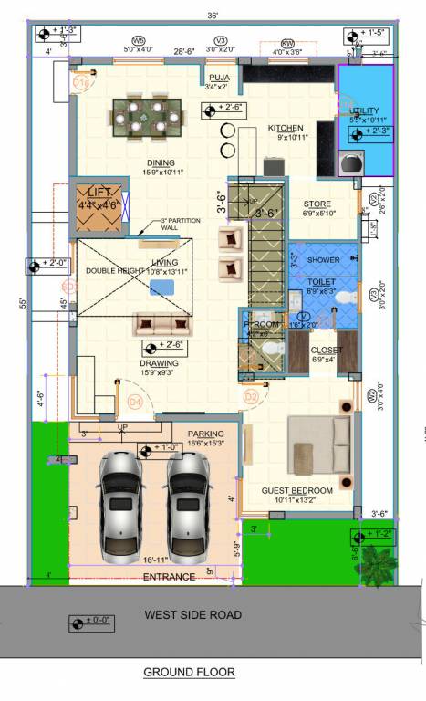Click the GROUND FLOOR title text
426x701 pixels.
189,672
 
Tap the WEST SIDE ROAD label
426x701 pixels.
192,615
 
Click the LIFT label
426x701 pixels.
97,193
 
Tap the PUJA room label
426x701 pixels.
218,78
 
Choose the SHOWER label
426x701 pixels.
323,260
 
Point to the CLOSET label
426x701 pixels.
326,350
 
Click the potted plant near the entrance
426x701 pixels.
375,558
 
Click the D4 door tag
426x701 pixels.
135,401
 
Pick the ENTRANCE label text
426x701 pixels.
169,577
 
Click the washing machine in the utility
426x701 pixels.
350,163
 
